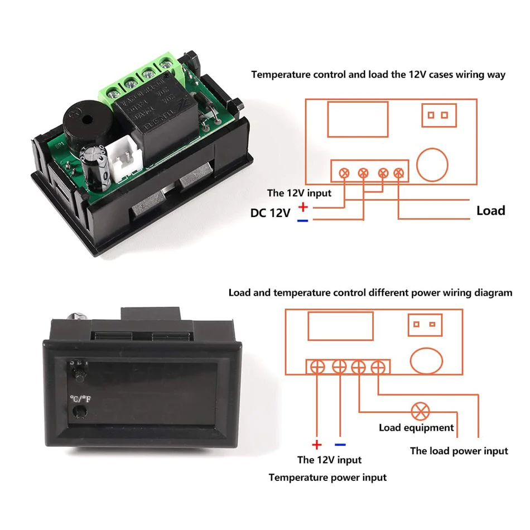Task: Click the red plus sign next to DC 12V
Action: (x=303, y=208)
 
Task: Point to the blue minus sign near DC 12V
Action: (x=302, y=221)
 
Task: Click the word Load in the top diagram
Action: (x=490, y=211)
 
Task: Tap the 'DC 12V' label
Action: (x=270, y=213)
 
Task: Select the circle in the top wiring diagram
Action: (x=432, y=165)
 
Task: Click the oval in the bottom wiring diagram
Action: (x=427, y=362)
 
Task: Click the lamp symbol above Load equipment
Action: (x=419, y=412)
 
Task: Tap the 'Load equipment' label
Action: (x=416, y=428)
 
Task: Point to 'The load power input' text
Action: (x=459, y=451)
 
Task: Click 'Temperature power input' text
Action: (x=327, y=478)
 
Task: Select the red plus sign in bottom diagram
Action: (x=316, y=445)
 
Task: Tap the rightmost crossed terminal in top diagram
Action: (x=398, y=173)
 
